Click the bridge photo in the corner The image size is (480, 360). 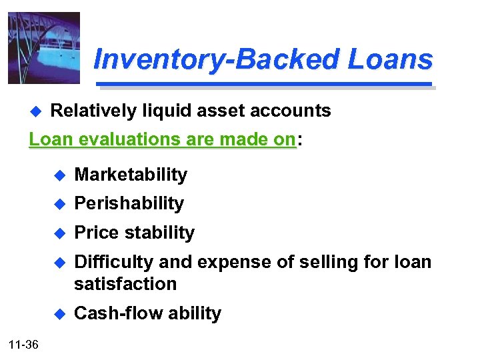click(44, 48)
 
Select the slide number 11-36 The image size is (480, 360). click(24, 345)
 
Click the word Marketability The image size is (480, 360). click(131, 175)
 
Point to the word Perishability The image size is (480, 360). click(129, 203)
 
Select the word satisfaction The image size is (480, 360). click(125, 284)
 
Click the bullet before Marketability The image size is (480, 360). click(59, 175)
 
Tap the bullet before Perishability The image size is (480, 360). click(59, 204)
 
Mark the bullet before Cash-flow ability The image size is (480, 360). click(59, 314)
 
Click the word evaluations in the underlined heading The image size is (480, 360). click(123, 139)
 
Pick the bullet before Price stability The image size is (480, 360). click(59, 233)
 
